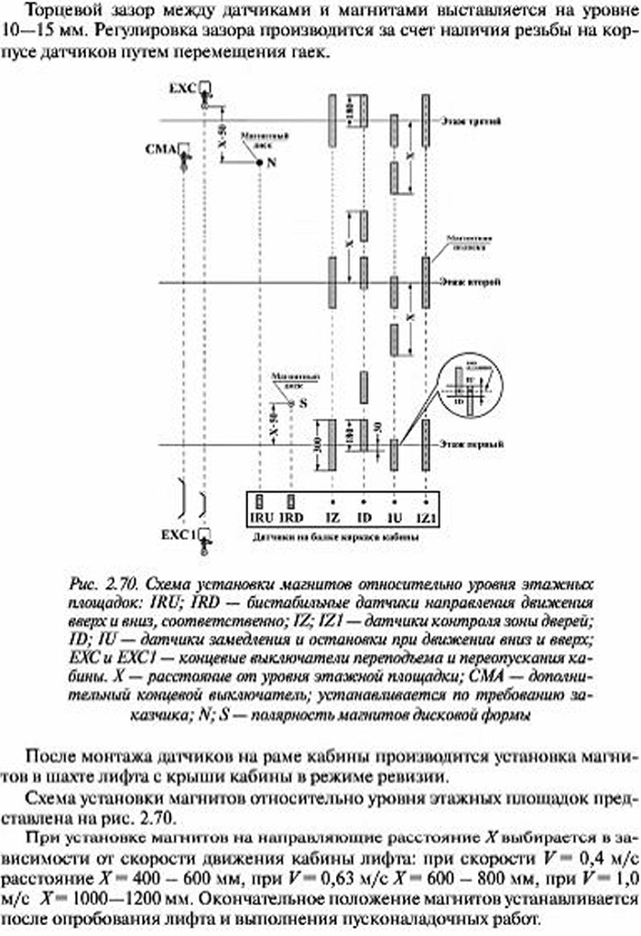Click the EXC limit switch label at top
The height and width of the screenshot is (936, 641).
(183, 87)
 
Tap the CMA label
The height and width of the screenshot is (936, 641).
(160, 147)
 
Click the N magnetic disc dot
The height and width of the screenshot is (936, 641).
(260, 162)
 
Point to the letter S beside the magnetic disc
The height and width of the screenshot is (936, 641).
(303, 403)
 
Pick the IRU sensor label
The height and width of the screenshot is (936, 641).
(261, 518)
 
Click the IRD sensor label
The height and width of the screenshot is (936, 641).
(291, 518)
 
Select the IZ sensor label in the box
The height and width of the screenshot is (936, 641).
(331, 518)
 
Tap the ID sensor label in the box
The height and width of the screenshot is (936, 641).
(363, 518)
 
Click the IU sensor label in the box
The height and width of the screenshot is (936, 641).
(394, 518)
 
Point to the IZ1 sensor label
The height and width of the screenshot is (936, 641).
(425, 518)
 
